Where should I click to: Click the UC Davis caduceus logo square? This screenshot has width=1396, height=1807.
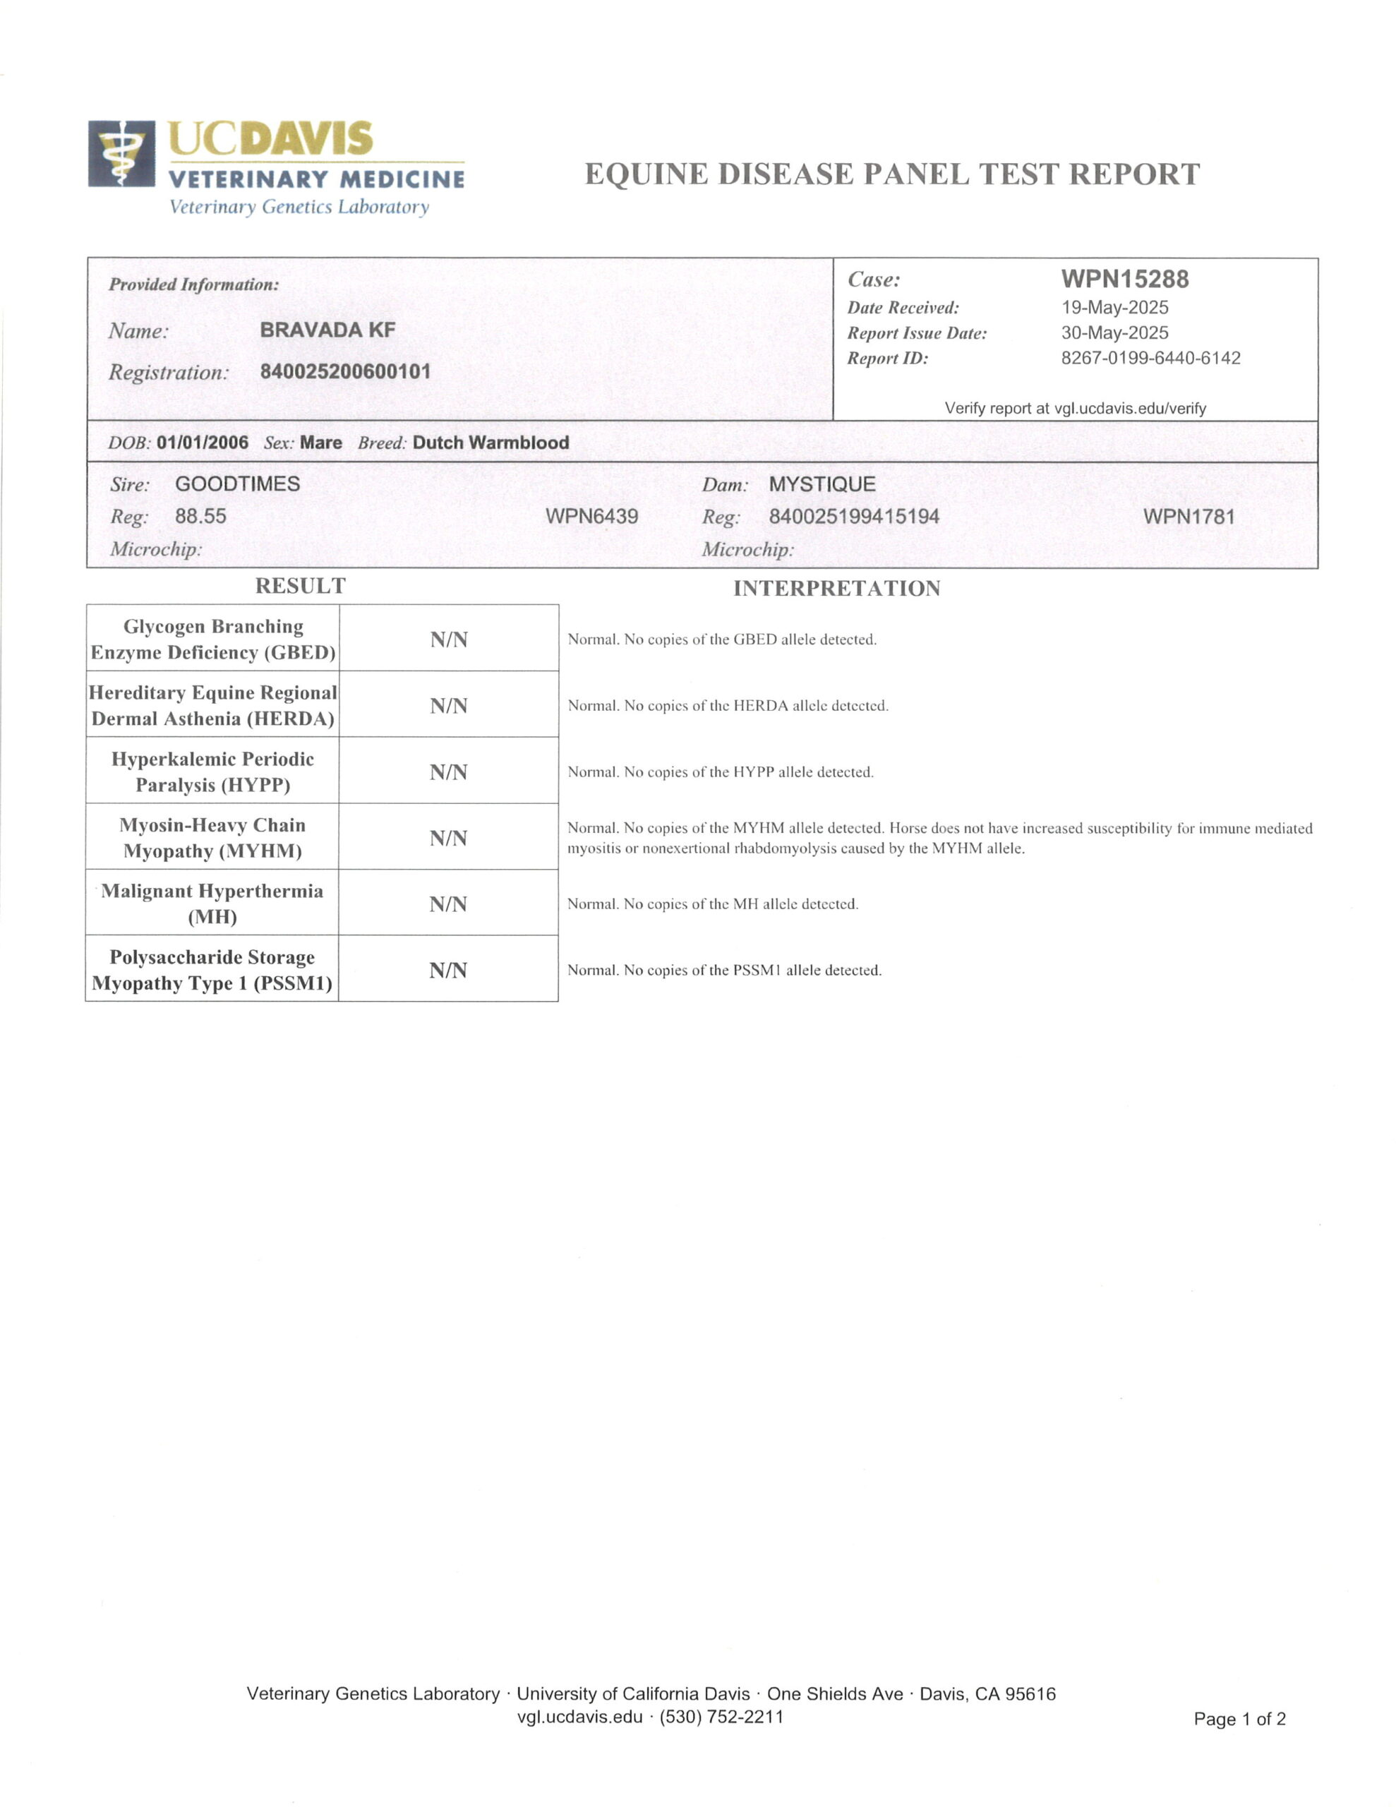(x=121, y=154)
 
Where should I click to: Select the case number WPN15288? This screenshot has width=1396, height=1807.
(x=1124, y=279)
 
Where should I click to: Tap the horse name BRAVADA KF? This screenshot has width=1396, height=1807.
(x=327, y=330)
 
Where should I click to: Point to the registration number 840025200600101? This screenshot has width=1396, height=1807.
(x=345, y=371)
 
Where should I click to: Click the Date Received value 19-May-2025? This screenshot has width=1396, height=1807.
(x=1114, y=308)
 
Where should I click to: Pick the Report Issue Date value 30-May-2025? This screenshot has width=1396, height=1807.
(x=1114, y=332)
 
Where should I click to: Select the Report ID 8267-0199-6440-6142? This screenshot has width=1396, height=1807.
(x=1150, y=359)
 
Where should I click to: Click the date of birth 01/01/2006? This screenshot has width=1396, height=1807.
(x=202, y=443)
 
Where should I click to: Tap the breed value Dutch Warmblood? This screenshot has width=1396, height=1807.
(x=491, y=443)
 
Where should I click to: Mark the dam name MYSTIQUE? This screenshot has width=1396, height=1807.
(x=822, y=485)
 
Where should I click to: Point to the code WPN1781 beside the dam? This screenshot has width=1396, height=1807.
(x=1189, y=517)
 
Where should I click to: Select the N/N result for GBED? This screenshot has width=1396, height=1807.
(x=448, y=640)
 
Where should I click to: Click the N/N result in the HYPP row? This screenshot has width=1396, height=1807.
(x=448, y=772)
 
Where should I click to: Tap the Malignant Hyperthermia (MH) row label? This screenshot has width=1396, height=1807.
(x=212, y=903)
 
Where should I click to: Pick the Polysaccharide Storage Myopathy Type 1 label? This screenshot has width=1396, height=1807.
(x=212, y=970)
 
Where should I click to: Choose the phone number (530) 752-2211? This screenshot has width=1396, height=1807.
(x=721, y=1716)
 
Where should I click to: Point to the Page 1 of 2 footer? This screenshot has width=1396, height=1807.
(x=1239, y=1719)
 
